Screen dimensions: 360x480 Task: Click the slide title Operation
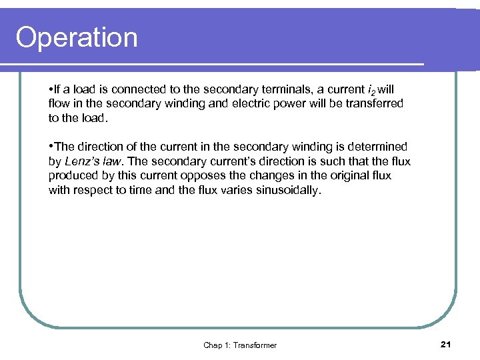coord(77,37)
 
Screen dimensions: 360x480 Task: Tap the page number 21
coord(446,344)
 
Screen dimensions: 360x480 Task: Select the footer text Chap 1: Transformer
coord(240,345)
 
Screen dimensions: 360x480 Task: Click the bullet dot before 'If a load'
coord(51,89)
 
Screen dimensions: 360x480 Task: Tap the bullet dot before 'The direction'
coord(51,147)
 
